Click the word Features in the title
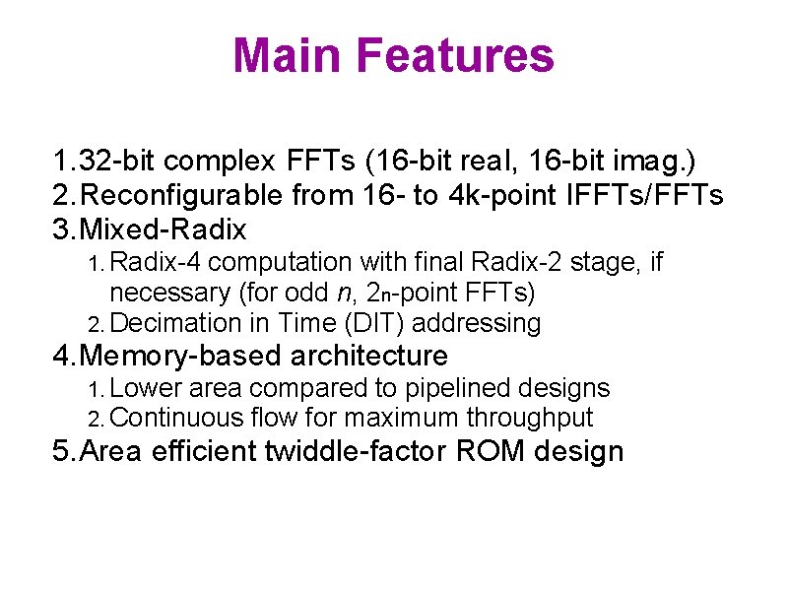458,55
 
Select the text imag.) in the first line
636,161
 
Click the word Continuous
175,419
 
